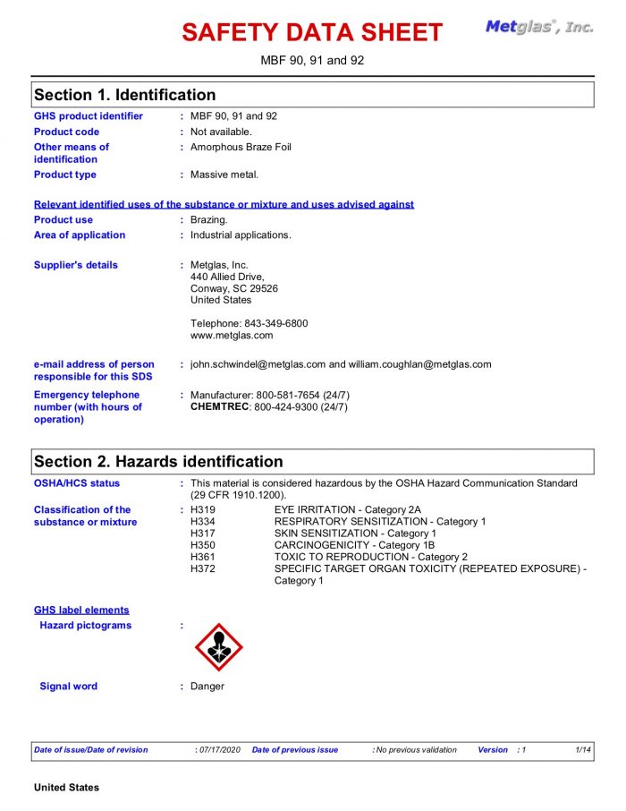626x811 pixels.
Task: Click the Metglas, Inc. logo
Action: coord(538,27)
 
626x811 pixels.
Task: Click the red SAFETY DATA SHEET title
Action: coord(312,33)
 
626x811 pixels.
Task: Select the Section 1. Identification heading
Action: coord(124,95)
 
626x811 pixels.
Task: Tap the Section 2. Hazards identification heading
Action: coord(158,462)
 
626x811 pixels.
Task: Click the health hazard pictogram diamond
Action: coord(218,647)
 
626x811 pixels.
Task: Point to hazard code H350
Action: coord(203,545)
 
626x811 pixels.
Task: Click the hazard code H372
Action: coord(203,568)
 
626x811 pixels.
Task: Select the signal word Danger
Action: coord(207,687)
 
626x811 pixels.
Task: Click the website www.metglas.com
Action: coord(232,336)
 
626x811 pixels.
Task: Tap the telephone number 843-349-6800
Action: coord(275,323)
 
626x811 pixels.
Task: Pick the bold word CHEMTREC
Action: coord(219,407)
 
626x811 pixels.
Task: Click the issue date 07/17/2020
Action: coord(220,750)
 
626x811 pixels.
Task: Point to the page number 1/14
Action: coord(583,750)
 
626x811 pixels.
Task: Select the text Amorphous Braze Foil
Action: coord(241,147)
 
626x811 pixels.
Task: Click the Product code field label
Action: coord(66,132)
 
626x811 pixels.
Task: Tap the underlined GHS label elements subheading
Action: coord(81,610)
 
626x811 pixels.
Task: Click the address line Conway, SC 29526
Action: coord(233,288)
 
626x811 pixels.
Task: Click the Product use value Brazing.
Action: coord(209,219)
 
